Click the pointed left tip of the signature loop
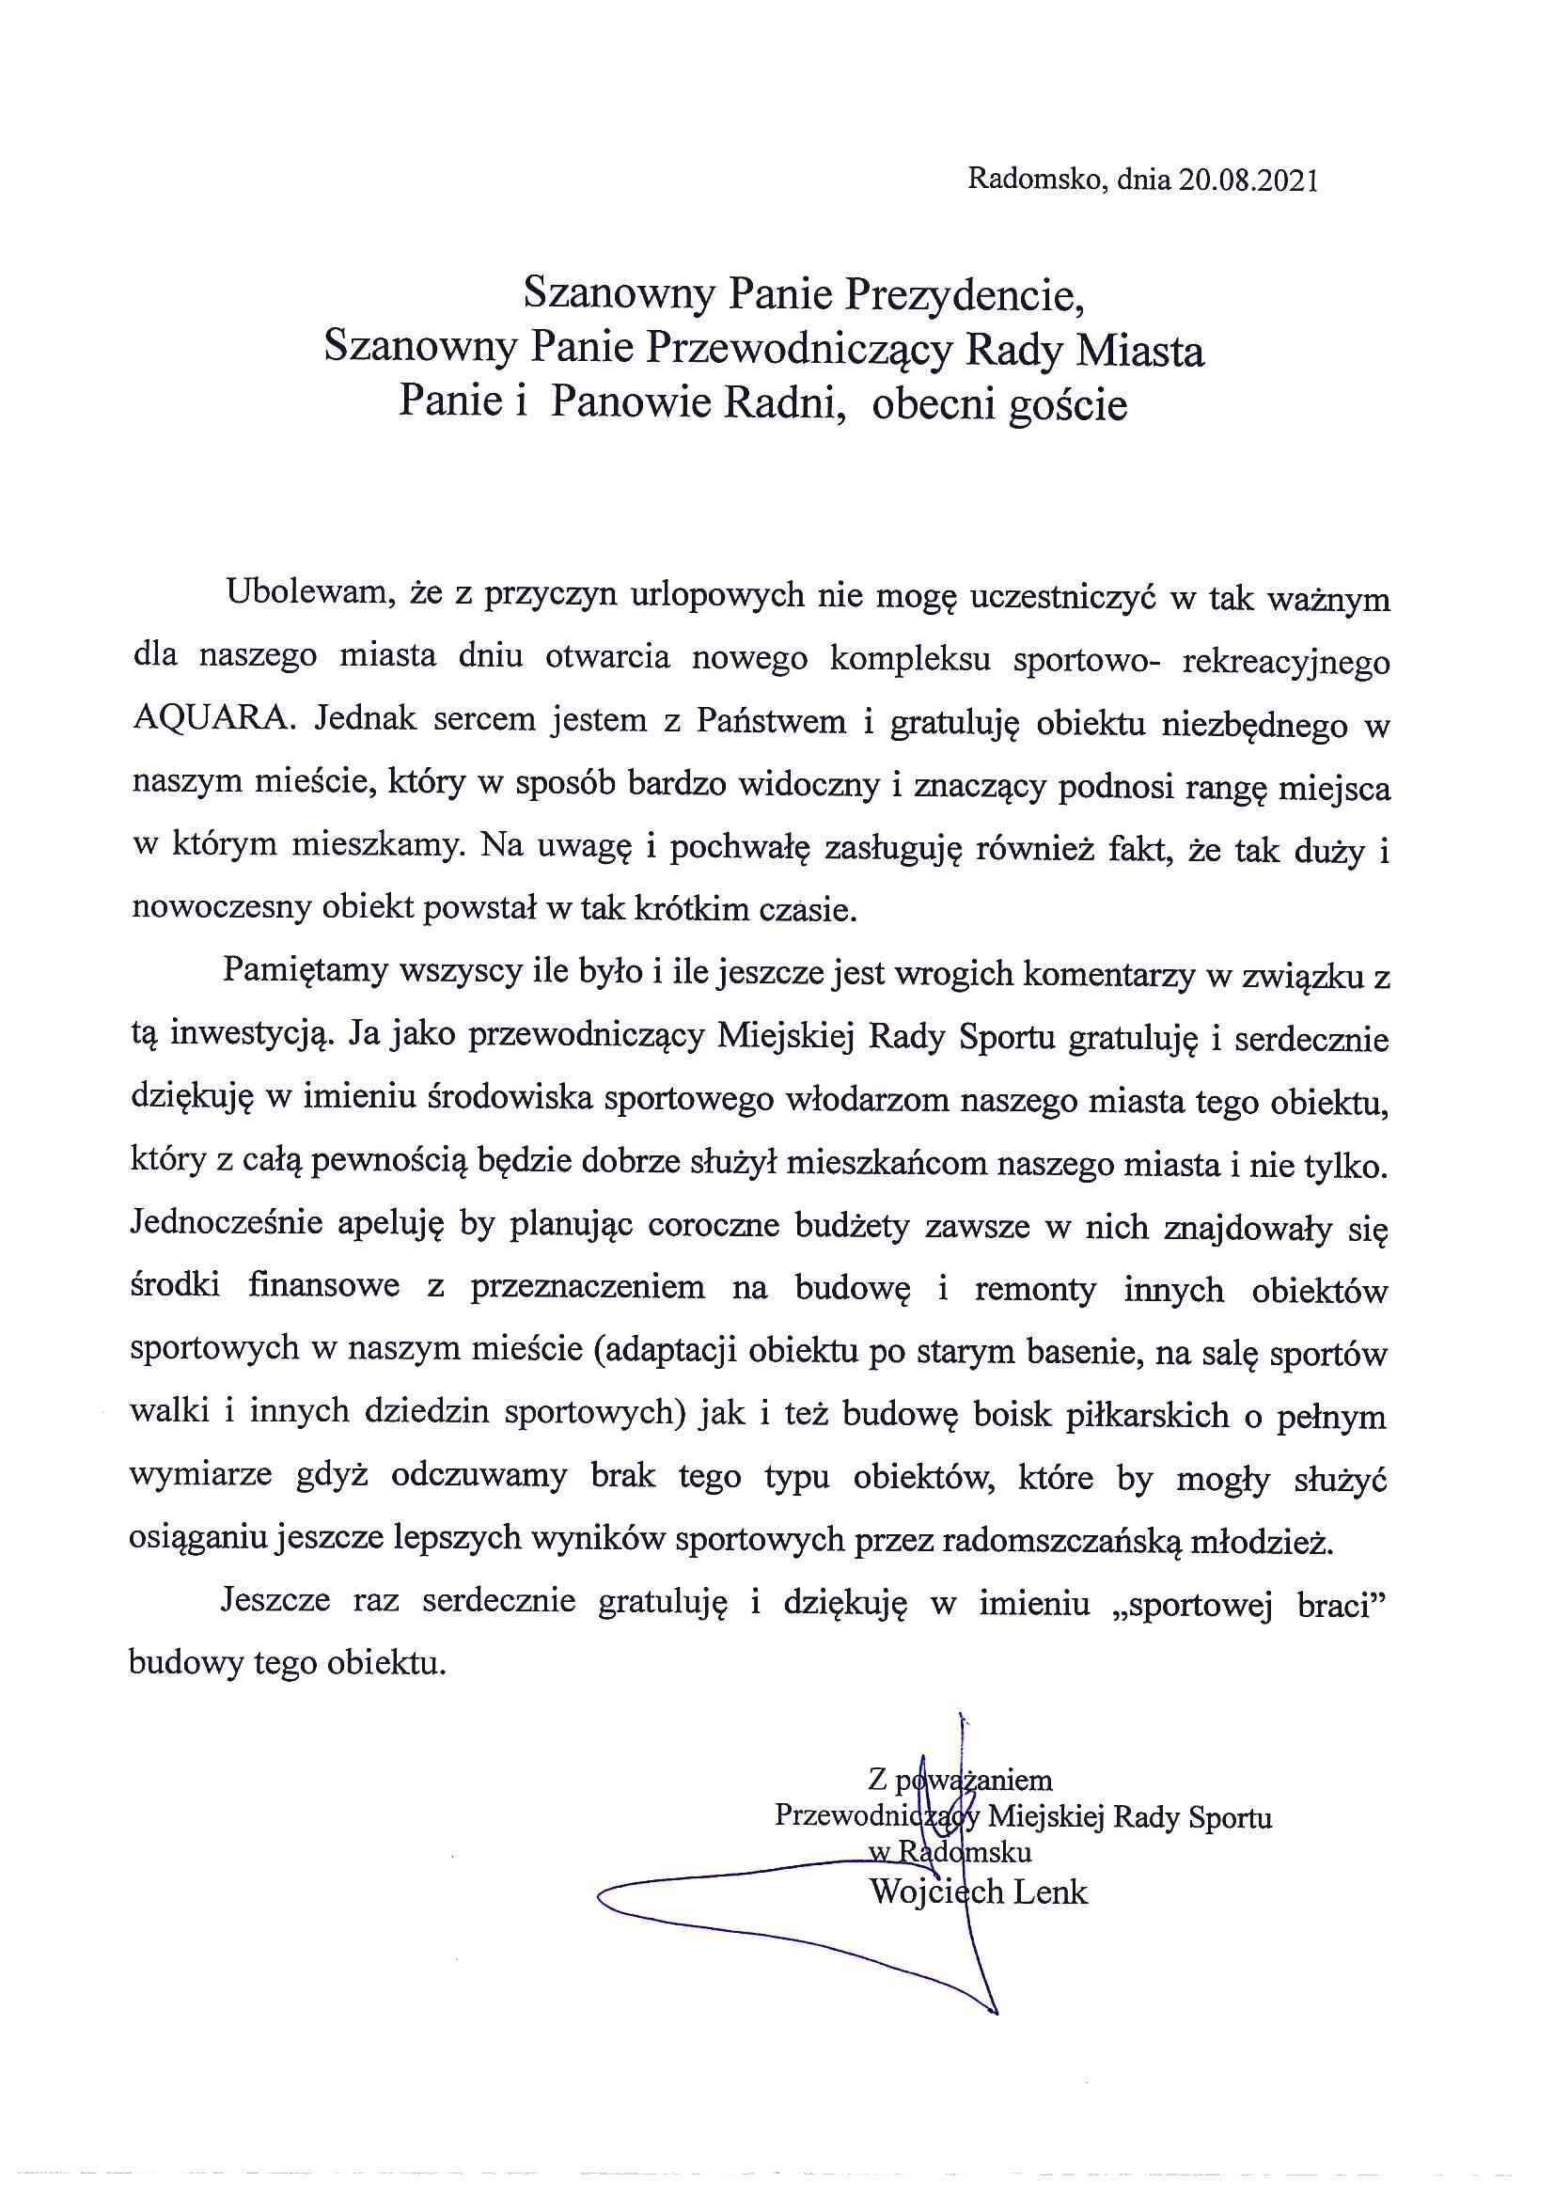(601, 1896)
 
